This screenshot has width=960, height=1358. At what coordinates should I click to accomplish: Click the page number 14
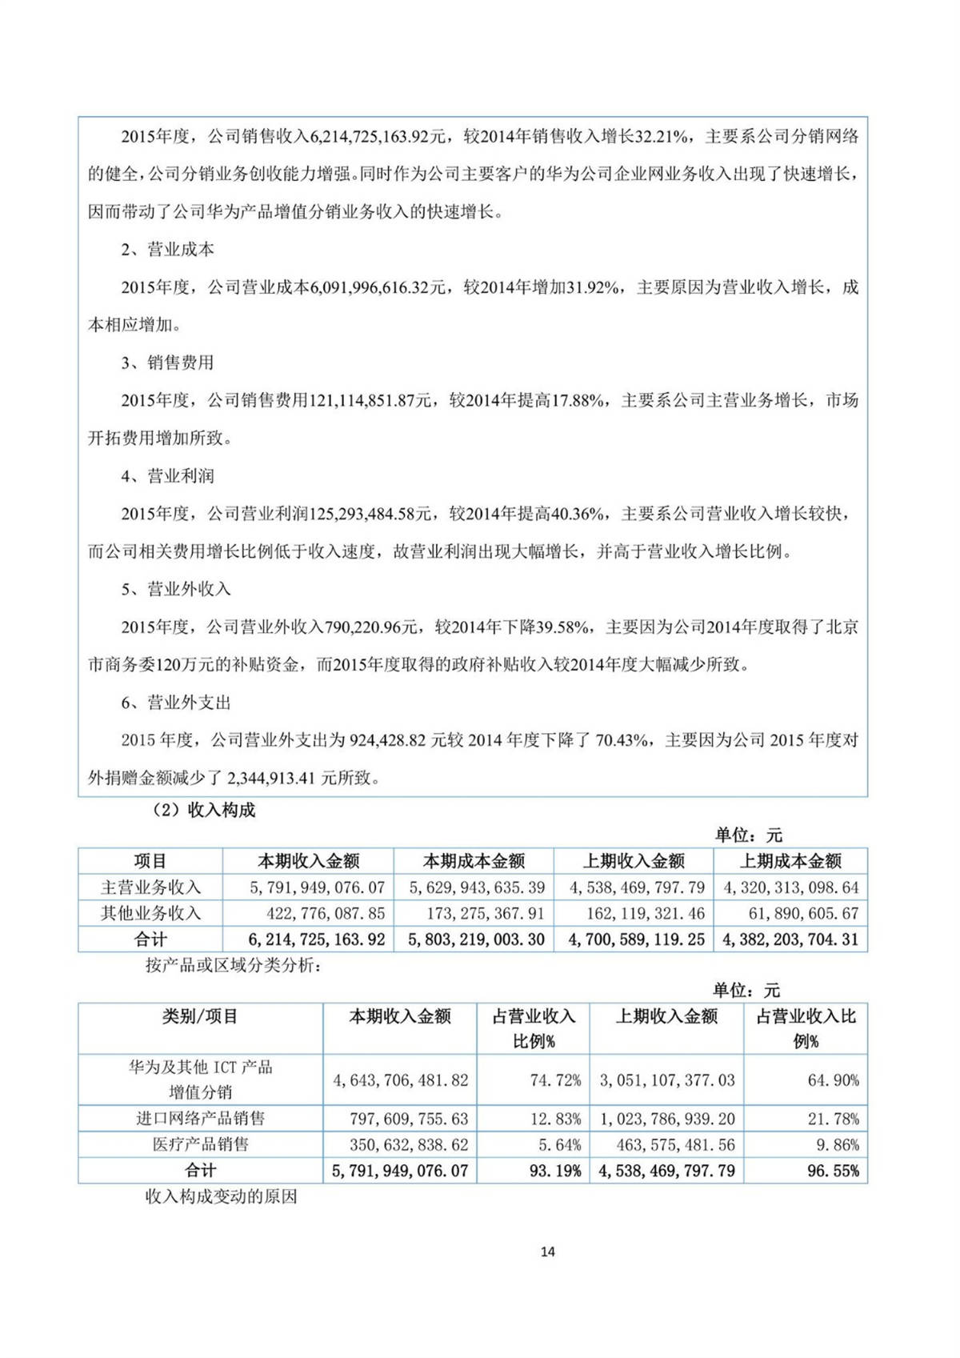[547, 1251]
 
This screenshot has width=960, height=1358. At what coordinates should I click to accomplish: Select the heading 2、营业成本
[167, 250]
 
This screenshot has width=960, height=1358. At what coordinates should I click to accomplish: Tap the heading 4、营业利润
[167, 476]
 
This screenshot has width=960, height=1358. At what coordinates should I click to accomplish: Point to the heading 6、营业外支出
[176, 703]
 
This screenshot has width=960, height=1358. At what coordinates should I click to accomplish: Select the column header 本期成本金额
[474, 861]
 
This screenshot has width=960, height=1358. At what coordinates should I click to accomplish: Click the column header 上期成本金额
[790, 861]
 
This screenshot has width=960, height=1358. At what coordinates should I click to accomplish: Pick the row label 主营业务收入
[150, 887]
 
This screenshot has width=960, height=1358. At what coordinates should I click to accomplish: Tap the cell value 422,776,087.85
[326, 913]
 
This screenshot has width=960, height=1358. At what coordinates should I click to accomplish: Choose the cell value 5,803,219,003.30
[476, 939]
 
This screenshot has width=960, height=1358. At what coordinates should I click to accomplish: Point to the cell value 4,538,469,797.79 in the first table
[637, 887]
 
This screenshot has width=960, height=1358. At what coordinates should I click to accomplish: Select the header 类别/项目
[200, 1016]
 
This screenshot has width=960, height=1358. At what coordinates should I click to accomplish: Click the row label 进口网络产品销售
[200, 1119]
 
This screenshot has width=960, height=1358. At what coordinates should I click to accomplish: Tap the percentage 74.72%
[555, 1080]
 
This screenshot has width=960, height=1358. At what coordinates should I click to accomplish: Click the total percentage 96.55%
[833, 1171]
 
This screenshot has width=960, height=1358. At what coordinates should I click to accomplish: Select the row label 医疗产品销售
[200, 1145]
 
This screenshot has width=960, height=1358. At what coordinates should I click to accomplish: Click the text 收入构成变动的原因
[221, 1196]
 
